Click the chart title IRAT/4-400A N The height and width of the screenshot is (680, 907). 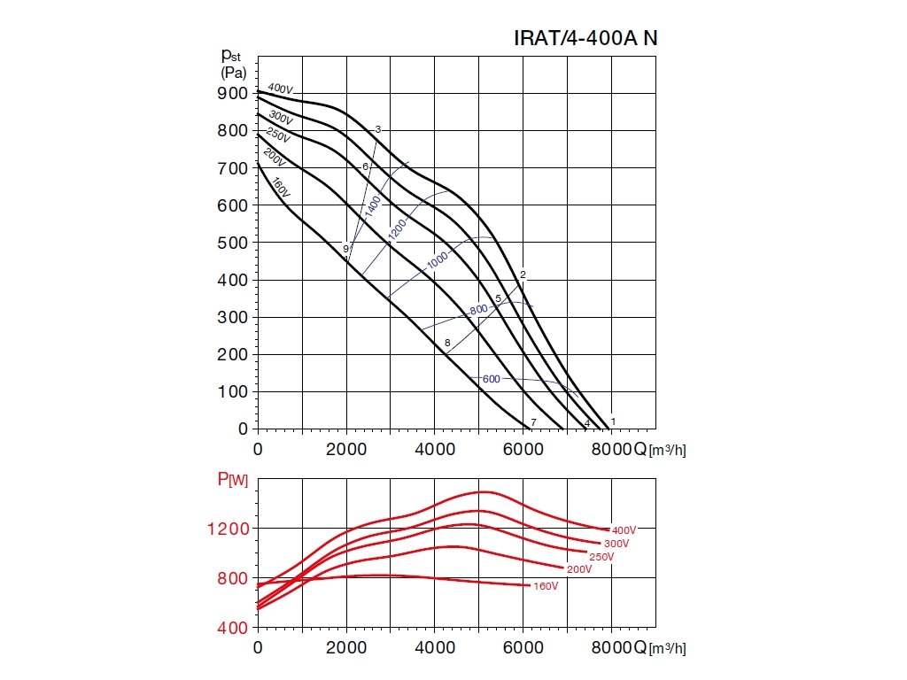click(585, 39)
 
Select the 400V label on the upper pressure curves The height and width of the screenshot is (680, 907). click(280, 89)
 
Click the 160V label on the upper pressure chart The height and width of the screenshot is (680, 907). click(281, 188)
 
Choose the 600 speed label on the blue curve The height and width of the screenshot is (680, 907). click(492, 379)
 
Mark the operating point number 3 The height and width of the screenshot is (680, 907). click(378, 130)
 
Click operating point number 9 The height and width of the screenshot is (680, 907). click(346, 249)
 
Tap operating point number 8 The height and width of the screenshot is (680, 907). click(448, 343)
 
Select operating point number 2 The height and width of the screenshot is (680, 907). click(523, 274)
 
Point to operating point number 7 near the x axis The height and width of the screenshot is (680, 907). click(533, 421)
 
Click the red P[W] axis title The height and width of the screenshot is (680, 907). click(233, 479)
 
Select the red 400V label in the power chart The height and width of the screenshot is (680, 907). click(624, 529)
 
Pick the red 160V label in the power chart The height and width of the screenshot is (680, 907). click(546, 586)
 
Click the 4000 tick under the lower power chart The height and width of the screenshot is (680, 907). click(435, 647)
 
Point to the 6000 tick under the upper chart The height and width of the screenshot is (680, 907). click(523, 449)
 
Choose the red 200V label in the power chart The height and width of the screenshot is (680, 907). click(579, 569)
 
